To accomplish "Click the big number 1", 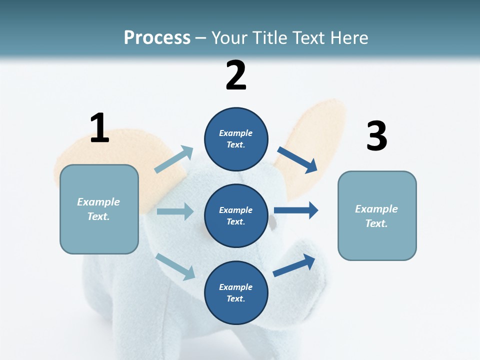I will (99, 128).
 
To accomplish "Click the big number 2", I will (236, 75).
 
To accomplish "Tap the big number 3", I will (376, 136).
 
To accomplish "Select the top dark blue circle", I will (236, 139).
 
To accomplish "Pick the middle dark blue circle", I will (236, 215).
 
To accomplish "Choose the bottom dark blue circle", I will (236, 292).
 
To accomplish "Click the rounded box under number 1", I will (99, 209).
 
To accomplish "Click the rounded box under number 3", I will (377, 216).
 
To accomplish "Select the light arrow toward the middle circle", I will (175, 211).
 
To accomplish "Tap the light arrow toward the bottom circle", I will (175, 266).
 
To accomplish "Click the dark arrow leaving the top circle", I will (297, 159).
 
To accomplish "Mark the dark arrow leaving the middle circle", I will (296, 210).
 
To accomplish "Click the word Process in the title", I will (157, 37).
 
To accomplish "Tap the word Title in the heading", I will (273, 37).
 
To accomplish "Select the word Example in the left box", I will (98, 202).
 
